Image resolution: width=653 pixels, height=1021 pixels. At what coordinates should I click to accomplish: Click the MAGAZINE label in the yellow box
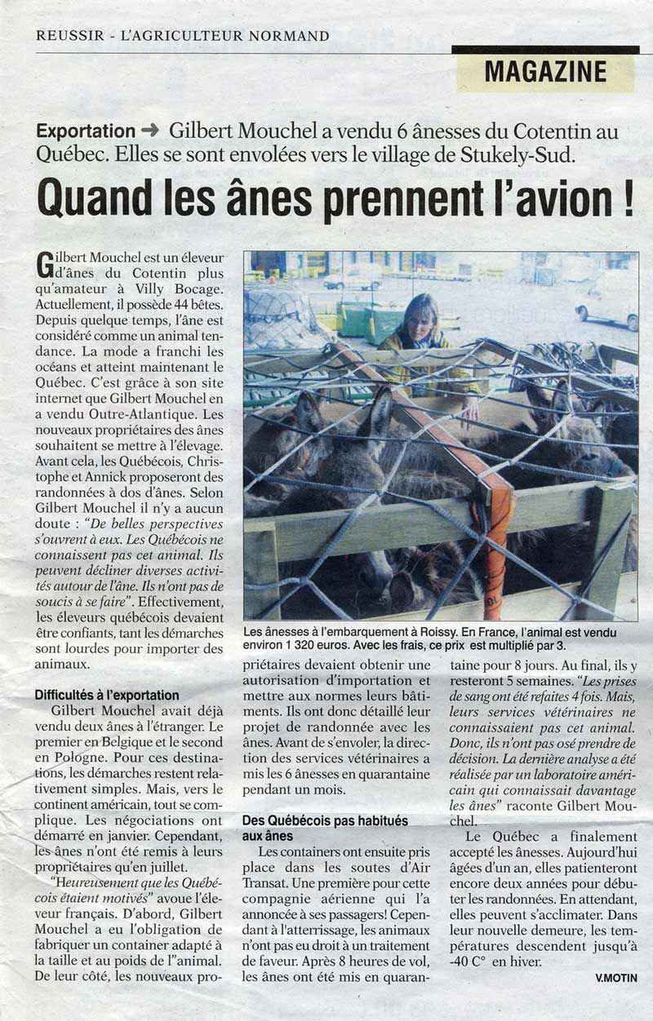click(x=545, y=72)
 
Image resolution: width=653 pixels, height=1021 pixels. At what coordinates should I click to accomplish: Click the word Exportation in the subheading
click(x=86, y=131)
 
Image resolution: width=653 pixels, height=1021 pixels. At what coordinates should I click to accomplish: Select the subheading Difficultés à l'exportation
click(x=106, y=696)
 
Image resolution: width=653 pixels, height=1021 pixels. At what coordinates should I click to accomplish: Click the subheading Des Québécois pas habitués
click(x=325, y=821)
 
